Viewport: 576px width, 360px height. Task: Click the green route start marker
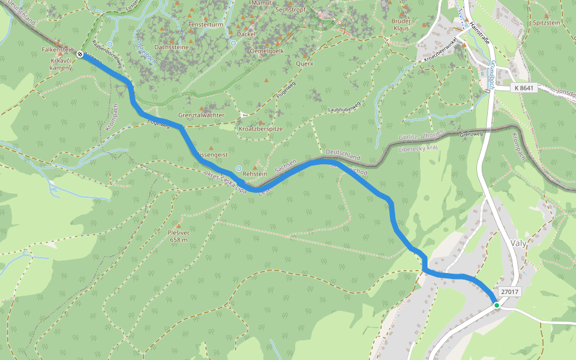pos(497,305)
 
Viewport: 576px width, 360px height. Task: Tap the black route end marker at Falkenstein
pos(80,54)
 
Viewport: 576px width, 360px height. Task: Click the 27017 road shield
pos(509,292)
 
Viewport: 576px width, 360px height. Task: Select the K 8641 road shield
pos(524,88)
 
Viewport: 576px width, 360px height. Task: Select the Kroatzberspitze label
pos(260,129)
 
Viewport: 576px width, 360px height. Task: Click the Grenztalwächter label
pos(202,115)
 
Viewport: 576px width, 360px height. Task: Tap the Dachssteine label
pos(172,47)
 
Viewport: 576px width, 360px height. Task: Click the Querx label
pos(305,63)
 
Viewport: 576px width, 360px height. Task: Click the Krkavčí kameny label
pos(61,64)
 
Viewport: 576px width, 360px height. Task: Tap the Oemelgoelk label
pos(266,51)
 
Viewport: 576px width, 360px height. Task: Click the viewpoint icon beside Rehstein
pos(239,169)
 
